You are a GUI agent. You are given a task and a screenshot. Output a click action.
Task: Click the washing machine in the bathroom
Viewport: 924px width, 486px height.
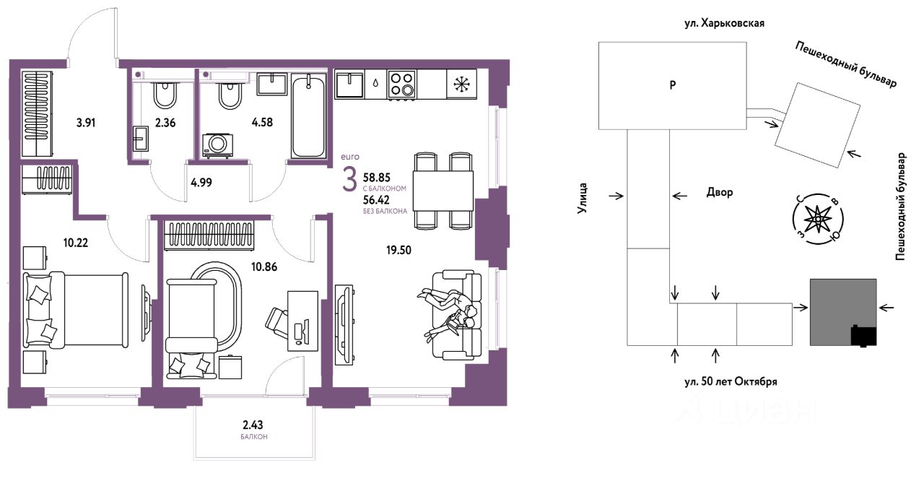217,145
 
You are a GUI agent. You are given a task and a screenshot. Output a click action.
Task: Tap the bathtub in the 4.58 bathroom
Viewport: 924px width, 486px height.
308,116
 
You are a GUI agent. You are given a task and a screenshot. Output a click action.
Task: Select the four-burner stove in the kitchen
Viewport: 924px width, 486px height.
401,84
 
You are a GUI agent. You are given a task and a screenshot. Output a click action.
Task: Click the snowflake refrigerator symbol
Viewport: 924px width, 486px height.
461,84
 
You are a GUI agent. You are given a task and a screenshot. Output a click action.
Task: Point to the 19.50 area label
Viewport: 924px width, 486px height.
398,250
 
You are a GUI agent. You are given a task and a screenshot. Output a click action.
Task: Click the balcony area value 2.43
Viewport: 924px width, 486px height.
253,424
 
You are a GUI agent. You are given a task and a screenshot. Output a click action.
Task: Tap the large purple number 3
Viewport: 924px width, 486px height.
349,181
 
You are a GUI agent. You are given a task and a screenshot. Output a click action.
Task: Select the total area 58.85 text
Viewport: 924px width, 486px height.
377,178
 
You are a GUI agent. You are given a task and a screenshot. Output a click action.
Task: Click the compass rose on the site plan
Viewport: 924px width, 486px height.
817,219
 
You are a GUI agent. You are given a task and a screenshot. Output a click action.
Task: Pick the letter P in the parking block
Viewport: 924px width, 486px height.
672,85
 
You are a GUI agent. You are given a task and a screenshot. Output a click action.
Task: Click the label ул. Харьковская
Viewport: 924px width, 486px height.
724,23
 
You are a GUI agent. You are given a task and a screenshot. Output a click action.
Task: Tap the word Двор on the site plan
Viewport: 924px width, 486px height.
720,192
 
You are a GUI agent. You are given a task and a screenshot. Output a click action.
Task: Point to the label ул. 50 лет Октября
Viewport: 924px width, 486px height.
731,381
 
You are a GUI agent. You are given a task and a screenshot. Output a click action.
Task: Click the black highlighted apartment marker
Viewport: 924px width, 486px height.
864,336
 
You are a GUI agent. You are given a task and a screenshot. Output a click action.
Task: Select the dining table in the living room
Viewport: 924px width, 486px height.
443,191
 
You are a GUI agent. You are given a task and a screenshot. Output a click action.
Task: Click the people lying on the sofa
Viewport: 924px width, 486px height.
450,313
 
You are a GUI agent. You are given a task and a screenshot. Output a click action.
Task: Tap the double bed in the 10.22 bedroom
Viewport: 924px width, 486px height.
76,309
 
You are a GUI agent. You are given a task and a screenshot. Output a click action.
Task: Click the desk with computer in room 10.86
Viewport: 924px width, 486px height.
302,321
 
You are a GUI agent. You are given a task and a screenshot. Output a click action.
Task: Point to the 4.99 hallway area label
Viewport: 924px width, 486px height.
201,183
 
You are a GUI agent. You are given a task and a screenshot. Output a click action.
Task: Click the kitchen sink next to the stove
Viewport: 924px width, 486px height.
349,84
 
